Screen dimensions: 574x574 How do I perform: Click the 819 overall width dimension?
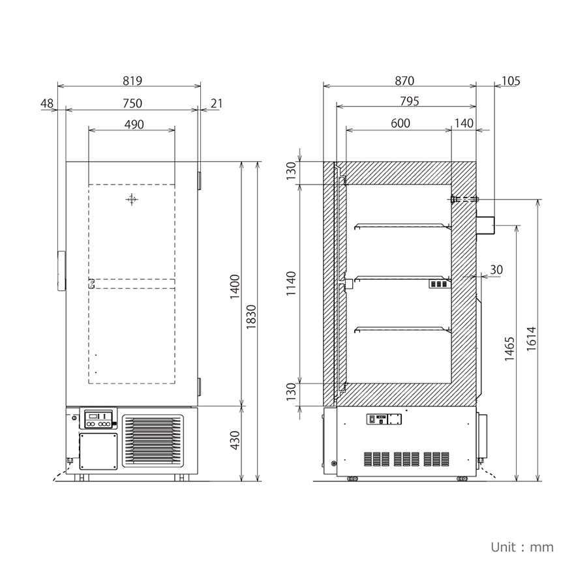click(x=132, y=81)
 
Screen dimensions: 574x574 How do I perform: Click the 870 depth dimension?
click(x=404, y=81)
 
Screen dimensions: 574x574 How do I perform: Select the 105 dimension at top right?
click(x=511, y=81)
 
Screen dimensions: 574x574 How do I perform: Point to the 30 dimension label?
click(x=496, y=269)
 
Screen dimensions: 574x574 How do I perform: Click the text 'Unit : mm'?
click(x=522, y=547)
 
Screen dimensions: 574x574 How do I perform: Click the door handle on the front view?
click(x=61, y=270)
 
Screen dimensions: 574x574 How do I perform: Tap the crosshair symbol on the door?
click(x=132, y=200)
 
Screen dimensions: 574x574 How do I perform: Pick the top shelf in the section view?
click(x=402, y=226)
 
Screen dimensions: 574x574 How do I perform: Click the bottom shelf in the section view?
click(x=402, y=329)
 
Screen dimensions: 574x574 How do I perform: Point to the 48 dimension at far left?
click(x=46, y=103)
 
